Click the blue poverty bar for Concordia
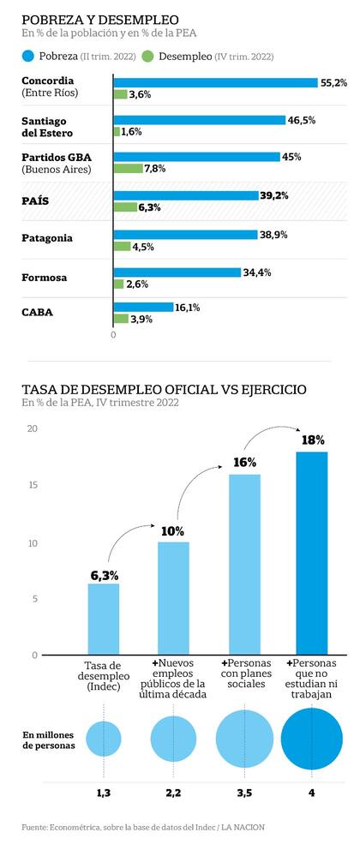pos(215,82)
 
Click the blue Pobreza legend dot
pos(27,57)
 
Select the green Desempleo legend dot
pos(147,57)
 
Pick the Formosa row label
pos(44,277)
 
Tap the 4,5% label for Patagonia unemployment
pos(143,247)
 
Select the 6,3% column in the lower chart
pos(103,619)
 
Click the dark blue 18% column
pos(312,553)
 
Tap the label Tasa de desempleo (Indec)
pos(103,676)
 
